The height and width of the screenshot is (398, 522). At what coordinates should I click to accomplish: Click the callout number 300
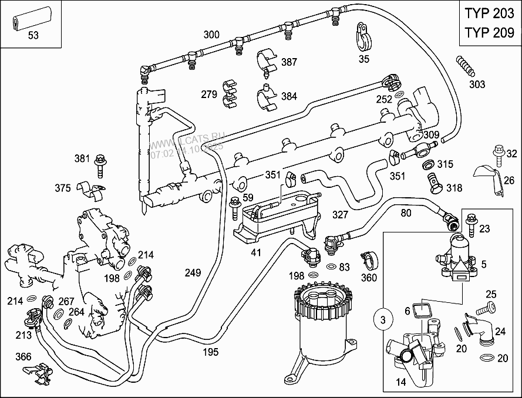coord(211,35)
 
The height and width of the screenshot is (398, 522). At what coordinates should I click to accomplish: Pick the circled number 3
coord(382,321)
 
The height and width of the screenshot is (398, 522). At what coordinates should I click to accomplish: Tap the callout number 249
coord(193,272)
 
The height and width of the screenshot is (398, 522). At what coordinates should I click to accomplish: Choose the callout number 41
coord(255,253)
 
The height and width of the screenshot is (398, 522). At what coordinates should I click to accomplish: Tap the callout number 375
coord(63,188)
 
